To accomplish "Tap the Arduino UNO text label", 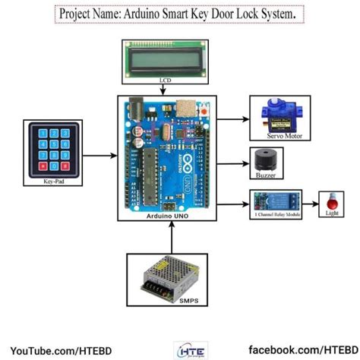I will coord(168,216).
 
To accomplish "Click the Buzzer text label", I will coord(264,176).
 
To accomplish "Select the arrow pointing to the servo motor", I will coord(235,118).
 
